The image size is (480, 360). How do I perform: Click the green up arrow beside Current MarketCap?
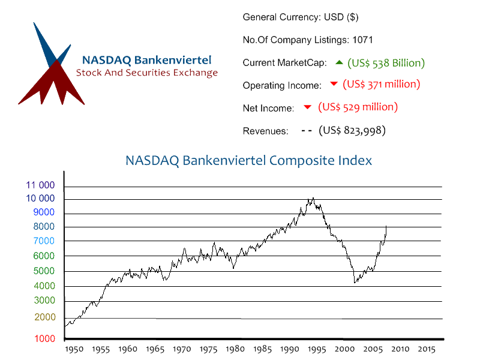click(x=339, y=62)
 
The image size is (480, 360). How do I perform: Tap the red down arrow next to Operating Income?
click(x=334, y=83)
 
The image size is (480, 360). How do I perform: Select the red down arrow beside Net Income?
click(x=307, y=107)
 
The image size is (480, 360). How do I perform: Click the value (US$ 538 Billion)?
click(x=386, y=63)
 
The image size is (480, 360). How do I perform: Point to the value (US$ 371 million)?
click(x=381, y=84)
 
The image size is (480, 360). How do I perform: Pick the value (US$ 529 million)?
click(x=358, y=107)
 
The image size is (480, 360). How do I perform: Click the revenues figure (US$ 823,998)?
click(x=352, y=130)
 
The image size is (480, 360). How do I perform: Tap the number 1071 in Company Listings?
click(x=362, y=40)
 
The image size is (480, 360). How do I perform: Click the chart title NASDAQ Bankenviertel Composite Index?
click(x=248, y=160)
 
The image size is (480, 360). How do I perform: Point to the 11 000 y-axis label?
click(x=40, y=185)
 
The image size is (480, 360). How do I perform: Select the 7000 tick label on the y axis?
click(x=44, y=241)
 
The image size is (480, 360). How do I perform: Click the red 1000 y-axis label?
click(x=44, y=338)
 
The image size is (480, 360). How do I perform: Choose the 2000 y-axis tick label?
click(x=45, y=317)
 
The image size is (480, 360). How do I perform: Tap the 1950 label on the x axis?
click(x=74, y=349)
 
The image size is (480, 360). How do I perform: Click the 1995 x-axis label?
click(x=317, y=349)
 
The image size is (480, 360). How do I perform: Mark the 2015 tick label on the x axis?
click(x=427, y=349)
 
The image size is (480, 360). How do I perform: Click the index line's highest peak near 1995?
click(x=313, y=198)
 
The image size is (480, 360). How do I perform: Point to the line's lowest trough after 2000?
click(x=355, y=283)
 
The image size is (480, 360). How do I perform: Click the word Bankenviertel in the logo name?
click(x=173, y=60)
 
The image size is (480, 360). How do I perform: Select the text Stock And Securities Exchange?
click(x=147, y=73)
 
